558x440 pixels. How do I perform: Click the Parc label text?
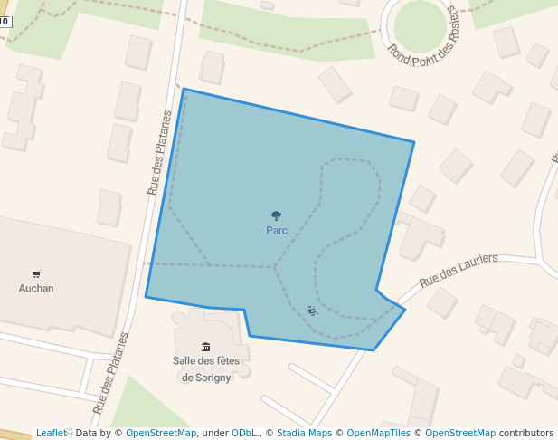point(277,230)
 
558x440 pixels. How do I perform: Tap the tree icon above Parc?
point(277,215)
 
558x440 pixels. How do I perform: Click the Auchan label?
point(36,288)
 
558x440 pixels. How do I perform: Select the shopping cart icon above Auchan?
point(36,273)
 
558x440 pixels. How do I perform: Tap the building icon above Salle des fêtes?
point(206,347)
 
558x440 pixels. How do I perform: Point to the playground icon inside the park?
point(313,311)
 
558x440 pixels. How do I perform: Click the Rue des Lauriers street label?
point(459,270)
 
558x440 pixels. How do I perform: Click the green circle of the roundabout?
point(420,24)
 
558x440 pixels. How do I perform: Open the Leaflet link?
point(51,433)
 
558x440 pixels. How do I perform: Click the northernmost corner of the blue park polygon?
point(184,90)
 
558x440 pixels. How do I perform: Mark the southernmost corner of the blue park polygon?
point(374,350)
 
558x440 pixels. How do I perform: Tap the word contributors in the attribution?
point(525,433)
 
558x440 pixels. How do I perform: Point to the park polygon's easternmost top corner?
point(413,142)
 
